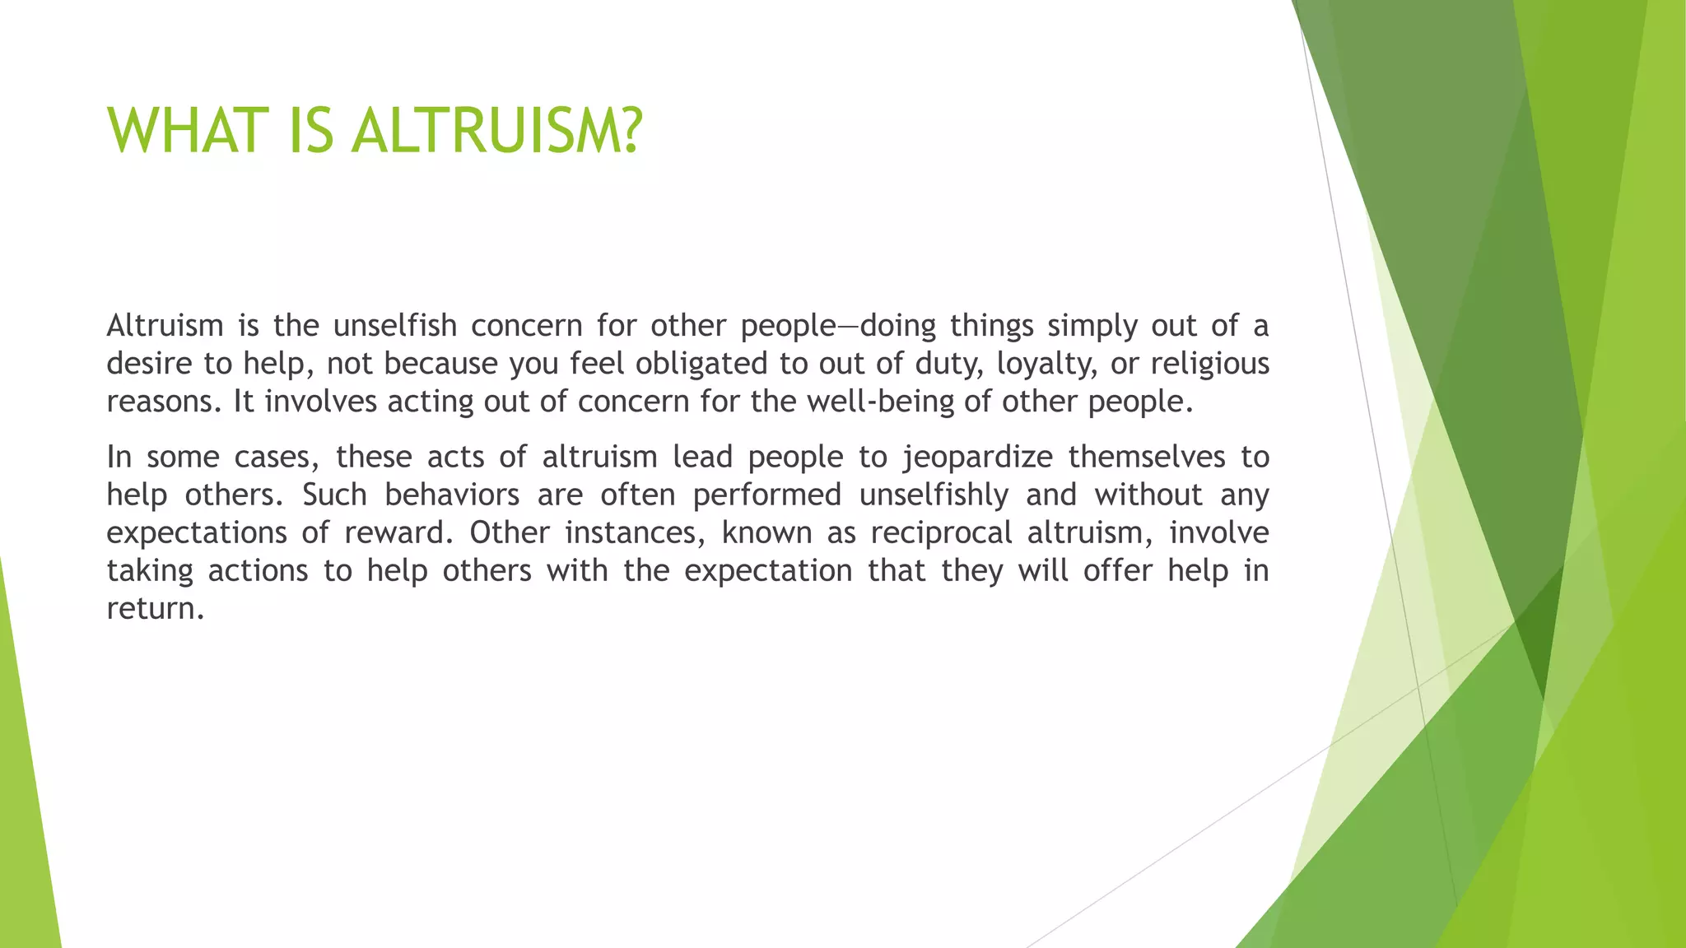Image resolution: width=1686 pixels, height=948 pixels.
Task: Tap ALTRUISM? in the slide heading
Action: [496, 131]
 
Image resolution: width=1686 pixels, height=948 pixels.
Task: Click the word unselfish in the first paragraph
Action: [394, 326]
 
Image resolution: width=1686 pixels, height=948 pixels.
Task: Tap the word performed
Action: [766, 495]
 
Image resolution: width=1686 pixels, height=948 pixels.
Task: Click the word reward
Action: [398, 532]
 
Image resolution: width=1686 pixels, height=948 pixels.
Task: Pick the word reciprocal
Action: [941, 532]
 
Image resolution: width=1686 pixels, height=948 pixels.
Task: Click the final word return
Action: [154, 609]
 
